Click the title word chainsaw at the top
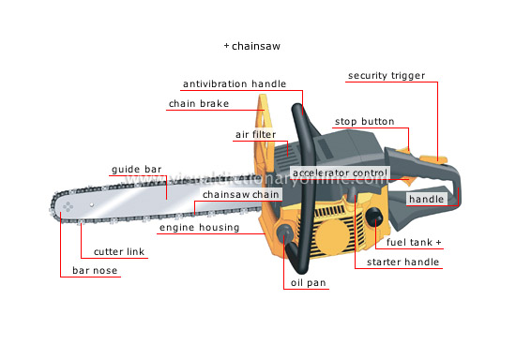pos(258,45)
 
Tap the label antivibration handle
pos(234,83)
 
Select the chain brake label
pos(195,104)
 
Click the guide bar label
pos(137,170)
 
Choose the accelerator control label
pos(340,173)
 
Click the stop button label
pos(364,122)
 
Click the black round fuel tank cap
pos(376,218)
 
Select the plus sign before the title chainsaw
pos(226,45)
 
